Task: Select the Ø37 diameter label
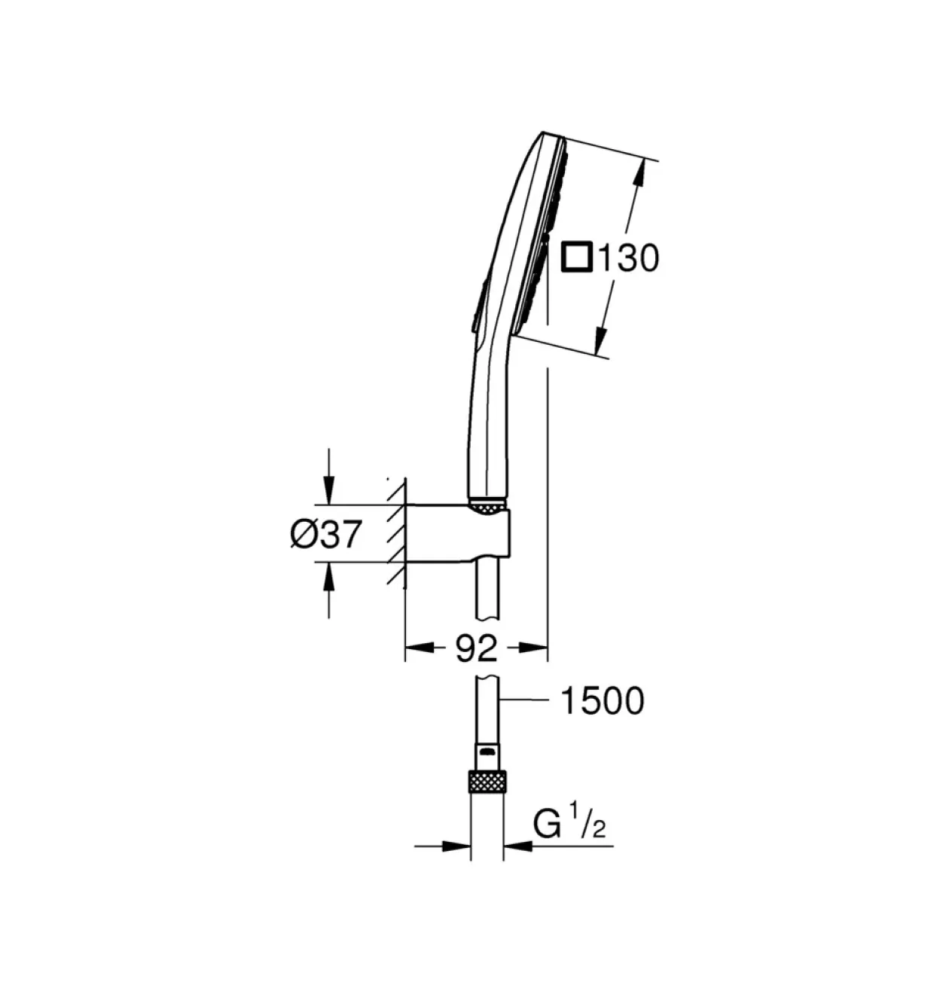coord(326,534)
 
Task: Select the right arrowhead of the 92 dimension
coord(533,648)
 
